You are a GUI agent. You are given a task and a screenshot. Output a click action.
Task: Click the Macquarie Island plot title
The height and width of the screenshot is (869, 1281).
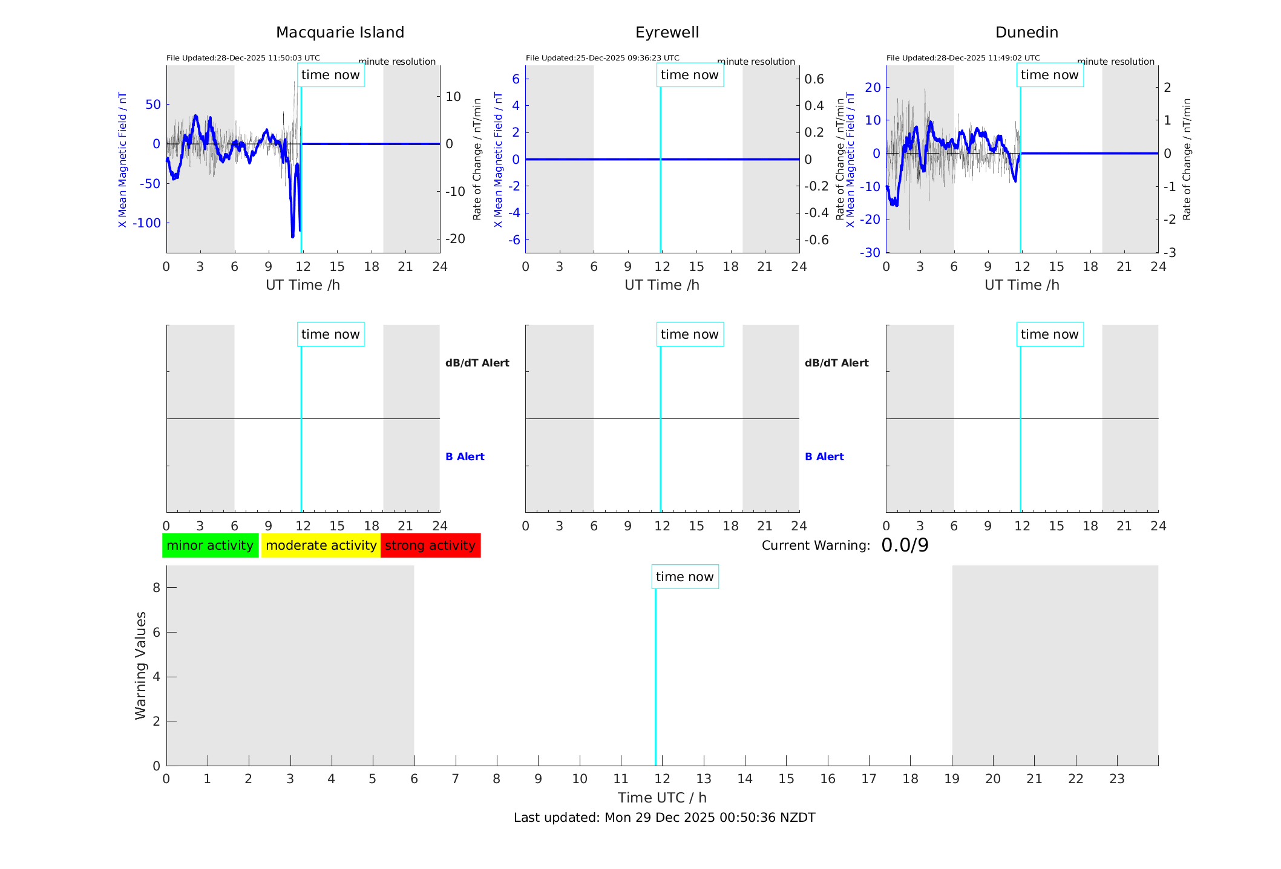(x=340, y=33)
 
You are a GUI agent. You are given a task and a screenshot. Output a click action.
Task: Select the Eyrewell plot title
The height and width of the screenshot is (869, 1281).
(x=667, y=33)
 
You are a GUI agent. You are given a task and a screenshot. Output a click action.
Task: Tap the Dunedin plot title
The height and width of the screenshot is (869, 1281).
(x=1026, y=33)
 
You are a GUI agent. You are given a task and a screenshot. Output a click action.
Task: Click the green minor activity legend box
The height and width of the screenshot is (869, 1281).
(x=210, y=545)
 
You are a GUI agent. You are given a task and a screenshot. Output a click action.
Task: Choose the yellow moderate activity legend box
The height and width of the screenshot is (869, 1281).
(x=321, y=545)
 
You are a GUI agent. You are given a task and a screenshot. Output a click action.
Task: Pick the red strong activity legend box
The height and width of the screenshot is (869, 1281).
(x=430, y=545)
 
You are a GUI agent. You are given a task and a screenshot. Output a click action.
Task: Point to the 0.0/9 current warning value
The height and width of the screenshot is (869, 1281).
(x=905, y=545)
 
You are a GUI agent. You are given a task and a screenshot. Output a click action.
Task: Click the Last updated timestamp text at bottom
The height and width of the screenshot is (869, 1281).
(x=664, y=818)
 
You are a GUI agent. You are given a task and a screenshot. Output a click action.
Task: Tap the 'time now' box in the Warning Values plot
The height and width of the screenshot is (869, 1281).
(x=685, y=577)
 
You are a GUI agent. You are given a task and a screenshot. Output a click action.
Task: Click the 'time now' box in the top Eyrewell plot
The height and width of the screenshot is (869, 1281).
(x=690, y=75)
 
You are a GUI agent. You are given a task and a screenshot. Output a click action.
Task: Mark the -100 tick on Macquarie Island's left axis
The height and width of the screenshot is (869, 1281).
(x=146, y=223)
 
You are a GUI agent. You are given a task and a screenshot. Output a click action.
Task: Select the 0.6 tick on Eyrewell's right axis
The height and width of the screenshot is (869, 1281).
(x=814, y=79)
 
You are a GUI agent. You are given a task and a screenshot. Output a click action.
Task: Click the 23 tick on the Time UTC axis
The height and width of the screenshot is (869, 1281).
(x=1117, y=779)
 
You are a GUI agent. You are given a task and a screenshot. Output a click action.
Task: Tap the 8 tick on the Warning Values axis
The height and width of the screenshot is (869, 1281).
(x=156, y=587)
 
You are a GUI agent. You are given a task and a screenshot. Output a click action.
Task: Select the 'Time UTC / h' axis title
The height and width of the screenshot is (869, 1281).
(x=662, y=798)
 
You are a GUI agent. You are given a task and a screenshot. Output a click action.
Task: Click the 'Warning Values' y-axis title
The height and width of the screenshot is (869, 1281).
(x=140, y=665)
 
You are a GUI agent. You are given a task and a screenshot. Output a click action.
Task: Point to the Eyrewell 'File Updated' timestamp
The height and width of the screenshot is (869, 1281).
(x=602, y=58)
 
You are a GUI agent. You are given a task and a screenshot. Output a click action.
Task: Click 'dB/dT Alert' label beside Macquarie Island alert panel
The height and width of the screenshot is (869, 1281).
(x=477, y=363)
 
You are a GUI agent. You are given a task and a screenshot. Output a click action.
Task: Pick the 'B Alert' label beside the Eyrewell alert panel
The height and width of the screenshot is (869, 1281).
(x=824, y=457)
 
